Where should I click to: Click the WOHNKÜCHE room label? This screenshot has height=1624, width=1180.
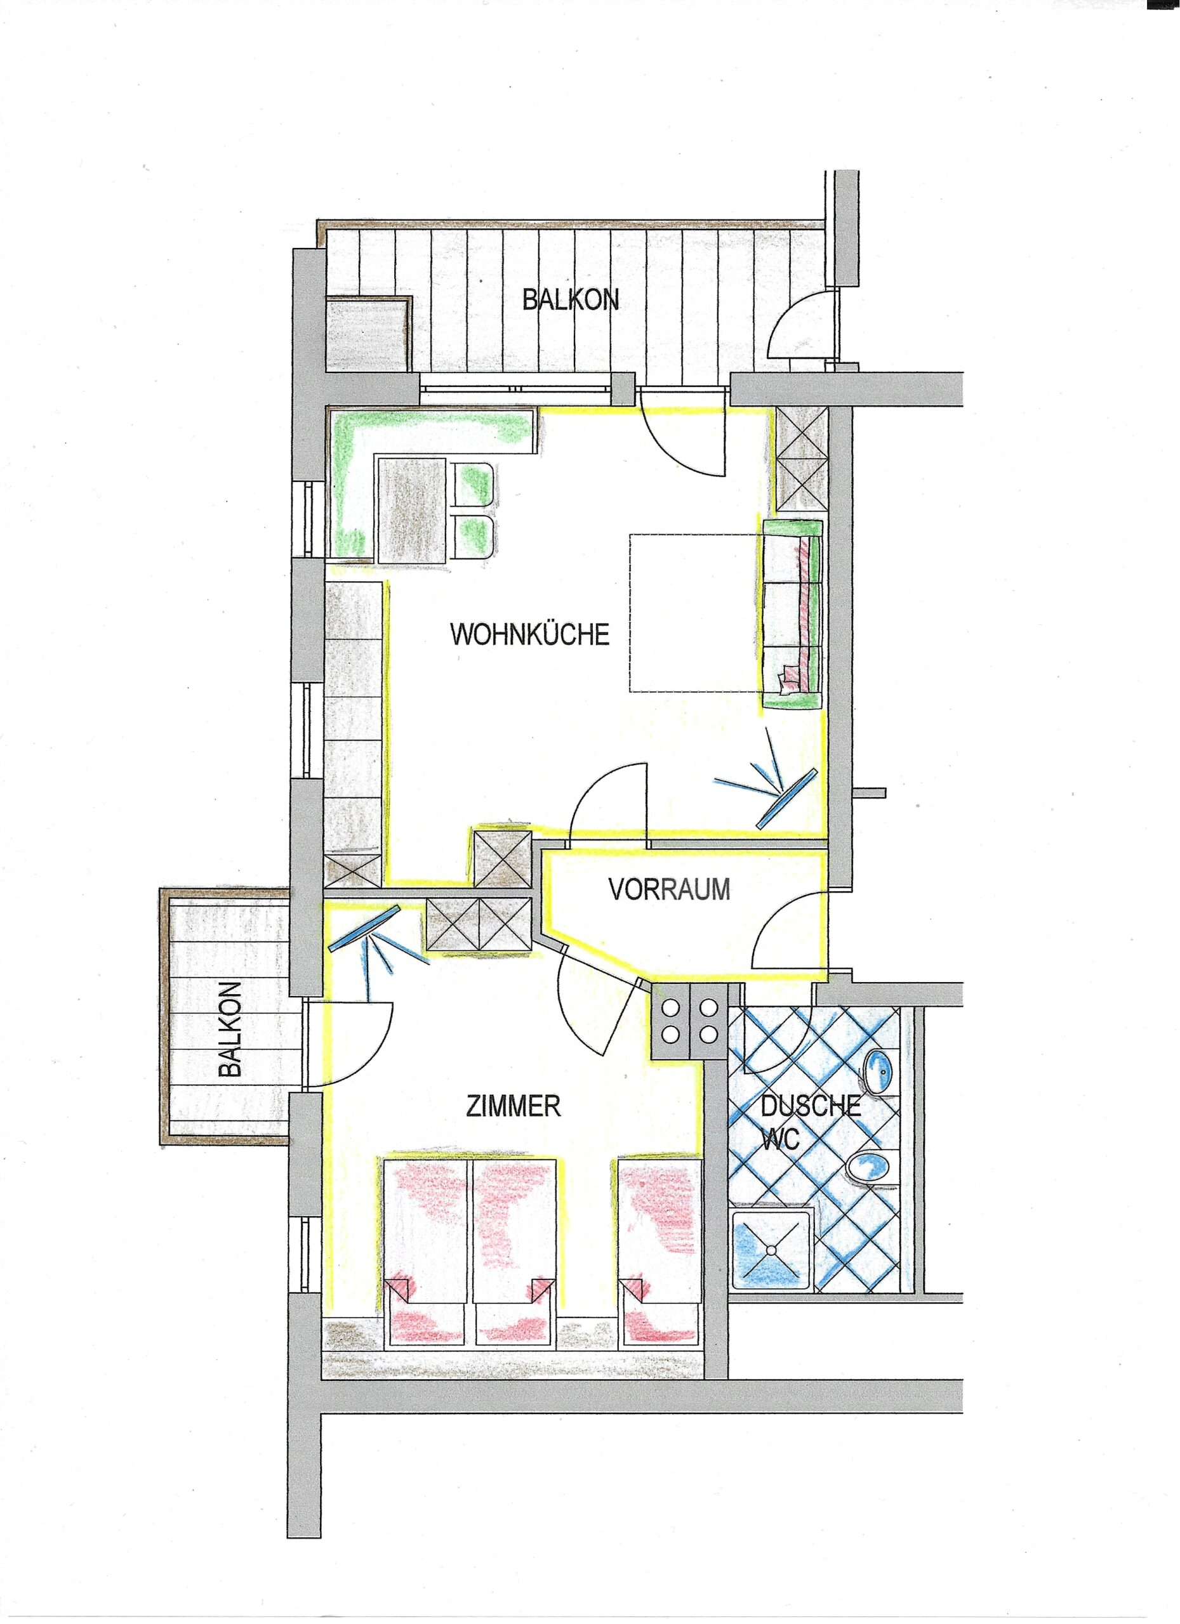529,634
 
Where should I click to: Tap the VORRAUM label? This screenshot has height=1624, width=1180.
669,889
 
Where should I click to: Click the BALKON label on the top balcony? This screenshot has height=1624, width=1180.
570,299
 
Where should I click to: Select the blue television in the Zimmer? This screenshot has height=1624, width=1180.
364,928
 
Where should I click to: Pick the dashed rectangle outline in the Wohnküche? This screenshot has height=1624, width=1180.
694,613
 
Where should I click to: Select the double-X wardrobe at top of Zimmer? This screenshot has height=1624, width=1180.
479,924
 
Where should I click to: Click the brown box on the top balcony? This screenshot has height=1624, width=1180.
368,334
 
